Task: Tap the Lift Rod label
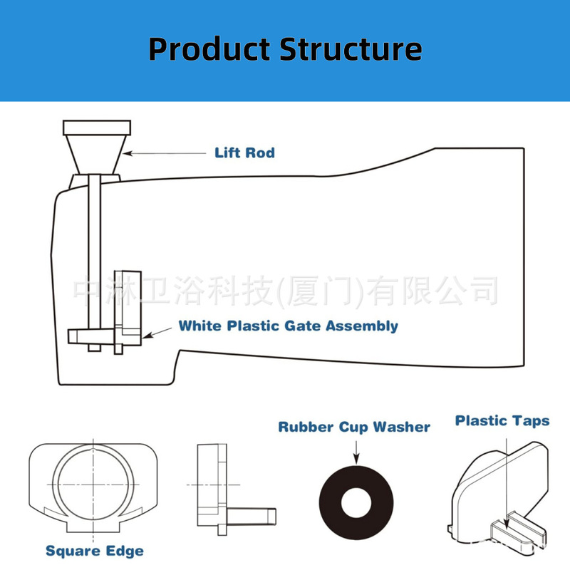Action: tap(244, 152)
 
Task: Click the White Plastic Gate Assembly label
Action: tap(288, 326)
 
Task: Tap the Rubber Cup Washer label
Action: tap(354, 427)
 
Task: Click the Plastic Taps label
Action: tap(502, 420)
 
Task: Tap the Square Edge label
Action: tap(95, 551)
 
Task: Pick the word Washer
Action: tap(403, 427)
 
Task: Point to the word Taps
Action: tap(531, 420)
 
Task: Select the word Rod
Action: tap(260, 152)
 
